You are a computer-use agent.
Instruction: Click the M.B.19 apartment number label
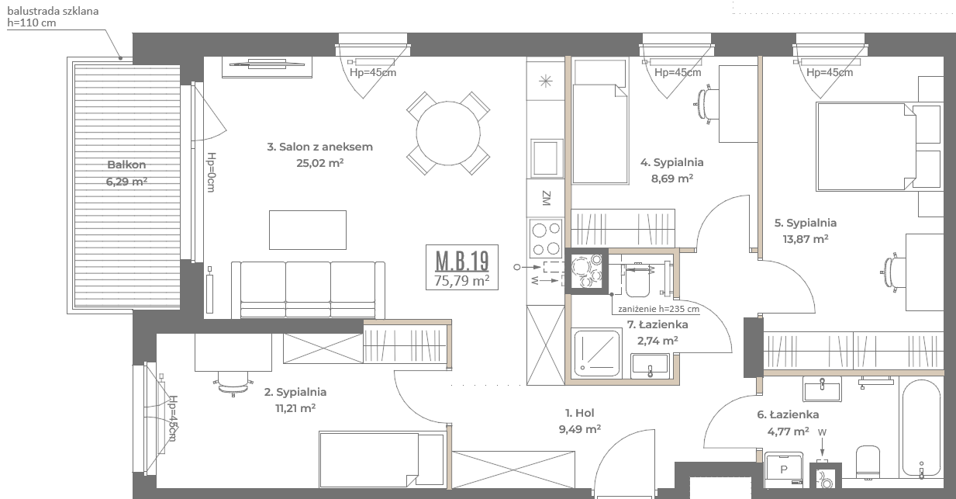tap(462, 261)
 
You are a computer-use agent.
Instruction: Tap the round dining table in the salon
tap(448, 133)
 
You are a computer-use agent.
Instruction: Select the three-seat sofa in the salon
tap(308, 290)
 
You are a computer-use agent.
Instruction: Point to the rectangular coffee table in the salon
tap(308, 230)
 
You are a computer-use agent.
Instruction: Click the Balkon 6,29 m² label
tap(126, 173)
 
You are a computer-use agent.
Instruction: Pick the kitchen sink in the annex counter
tap(547, 158)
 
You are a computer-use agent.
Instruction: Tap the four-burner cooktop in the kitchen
tap(547, 238)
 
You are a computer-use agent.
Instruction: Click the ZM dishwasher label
tap(547, 198)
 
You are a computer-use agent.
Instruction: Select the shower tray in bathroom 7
tap(597, 353)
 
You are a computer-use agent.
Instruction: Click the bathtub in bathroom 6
tap(921, 428)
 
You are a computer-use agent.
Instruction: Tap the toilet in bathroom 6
tap(868, 462)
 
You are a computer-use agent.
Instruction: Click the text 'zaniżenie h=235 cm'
tap(658, 309)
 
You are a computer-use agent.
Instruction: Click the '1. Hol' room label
tap(580, 413)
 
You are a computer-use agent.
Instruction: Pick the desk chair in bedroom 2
tap(233, 383)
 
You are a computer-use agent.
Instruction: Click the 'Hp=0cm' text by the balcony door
tap(211, 172)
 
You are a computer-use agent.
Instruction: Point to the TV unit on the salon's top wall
tap(267, 67)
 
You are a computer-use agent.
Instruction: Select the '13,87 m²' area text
tap(806, 239)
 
